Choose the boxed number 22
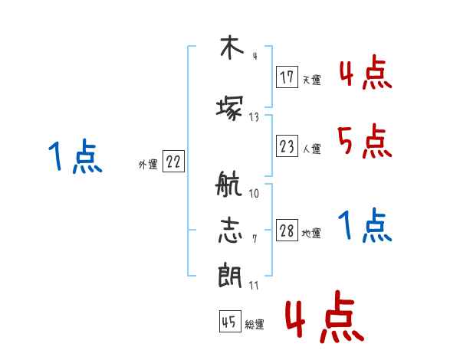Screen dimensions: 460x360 click(x=173, y=162)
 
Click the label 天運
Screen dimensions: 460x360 click(x=311, y=80)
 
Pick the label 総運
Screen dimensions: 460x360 click(x=255, y=325)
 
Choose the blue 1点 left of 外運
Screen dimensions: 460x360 click(x=75, y=158)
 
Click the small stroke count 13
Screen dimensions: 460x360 click(x=254, y=117)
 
